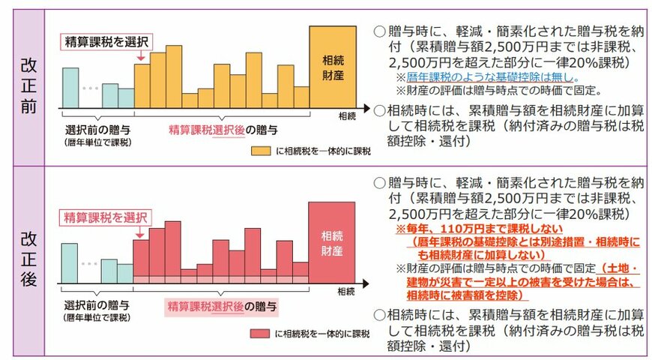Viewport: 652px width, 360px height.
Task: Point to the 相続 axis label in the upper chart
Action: click(346, 116)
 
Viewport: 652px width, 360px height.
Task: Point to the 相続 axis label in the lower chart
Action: click(346, 291)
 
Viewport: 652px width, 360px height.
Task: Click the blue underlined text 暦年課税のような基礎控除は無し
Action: click(483, 76)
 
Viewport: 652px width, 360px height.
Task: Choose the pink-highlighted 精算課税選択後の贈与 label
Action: click(222, 307)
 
